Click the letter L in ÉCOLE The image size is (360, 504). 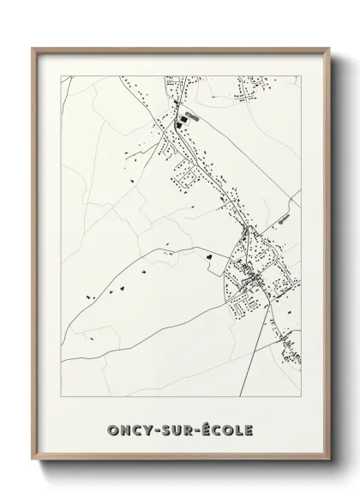click(x=240, y=429)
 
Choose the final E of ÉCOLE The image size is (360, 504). click(x=250, y=429)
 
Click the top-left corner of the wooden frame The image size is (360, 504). click(x=33, y=48)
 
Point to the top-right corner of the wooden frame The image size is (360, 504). click(x=327, y=48)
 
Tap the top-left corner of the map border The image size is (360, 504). click(x=61, y=76)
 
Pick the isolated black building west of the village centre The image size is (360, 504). click(x=208, y=254)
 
